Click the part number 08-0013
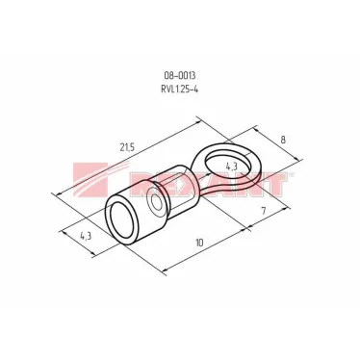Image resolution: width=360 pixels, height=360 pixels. tap(180, 73)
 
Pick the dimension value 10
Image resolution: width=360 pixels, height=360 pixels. tap(199, 244)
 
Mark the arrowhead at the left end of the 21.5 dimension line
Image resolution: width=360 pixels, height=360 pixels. tap(60, 193)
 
